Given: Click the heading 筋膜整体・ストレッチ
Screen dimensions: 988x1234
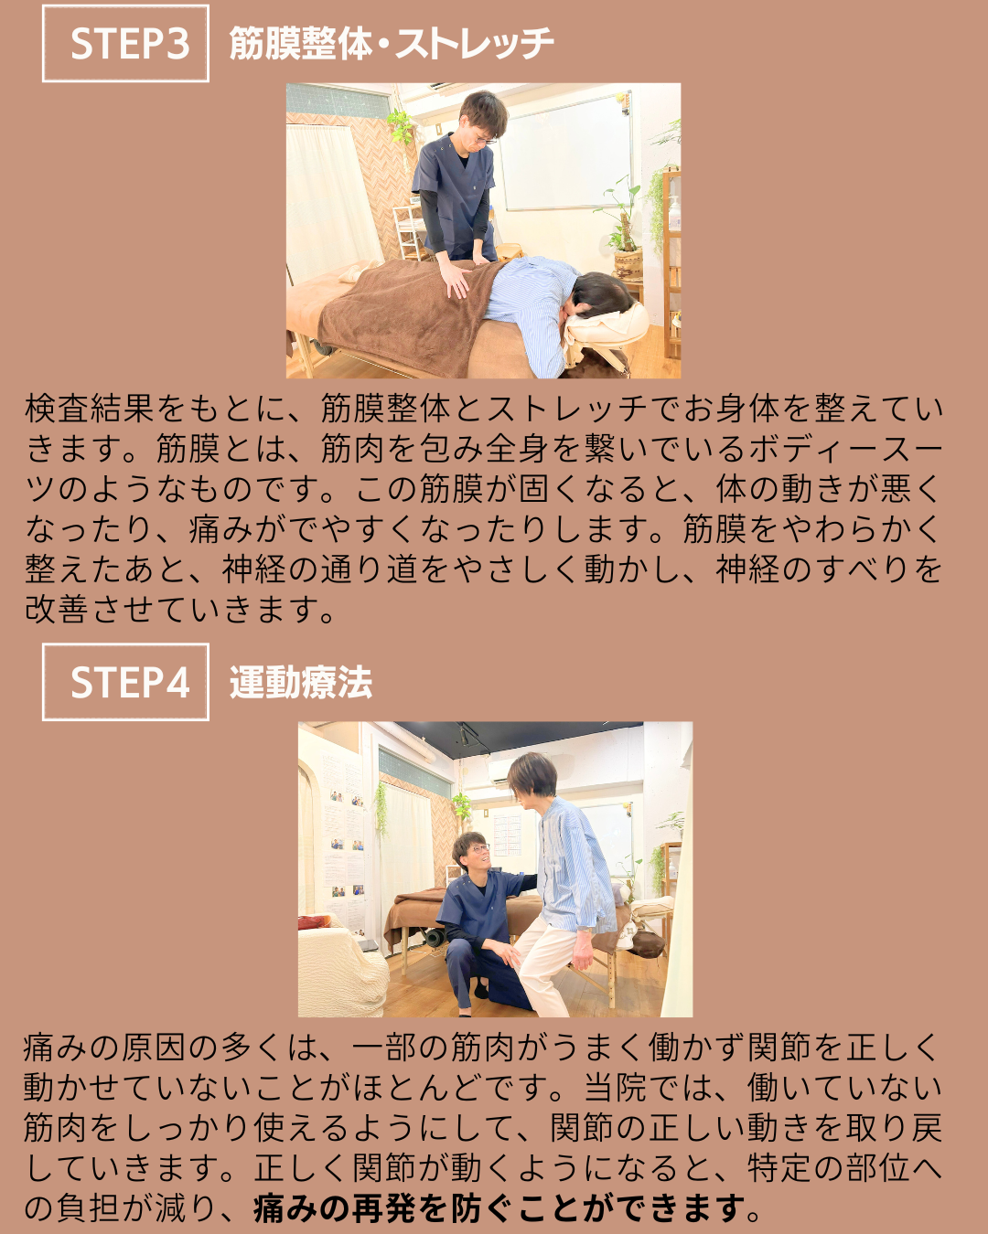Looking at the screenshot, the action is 392,43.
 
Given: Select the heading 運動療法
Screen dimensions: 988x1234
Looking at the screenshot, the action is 301,682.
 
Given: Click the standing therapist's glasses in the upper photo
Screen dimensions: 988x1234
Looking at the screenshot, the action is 487,139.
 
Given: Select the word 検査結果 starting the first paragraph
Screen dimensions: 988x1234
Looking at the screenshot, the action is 89,409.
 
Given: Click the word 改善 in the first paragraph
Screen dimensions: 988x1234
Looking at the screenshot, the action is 56,609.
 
